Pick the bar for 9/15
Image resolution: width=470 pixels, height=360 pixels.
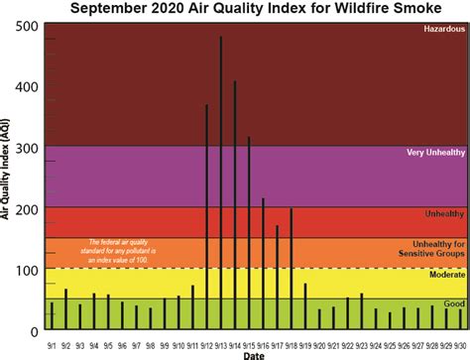[249, 232]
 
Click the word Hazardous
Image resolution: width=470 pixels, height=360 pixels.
[443, 30]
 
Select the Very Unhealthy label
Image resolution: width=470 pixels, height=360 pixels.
[435, 153]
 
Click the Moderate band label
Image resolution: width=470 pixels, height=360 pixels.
[445, 272]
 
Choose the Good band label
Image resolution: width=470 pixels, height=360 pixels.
[454, 303]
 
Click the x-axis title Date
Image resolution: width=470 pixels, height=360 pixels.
[255, 354]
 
